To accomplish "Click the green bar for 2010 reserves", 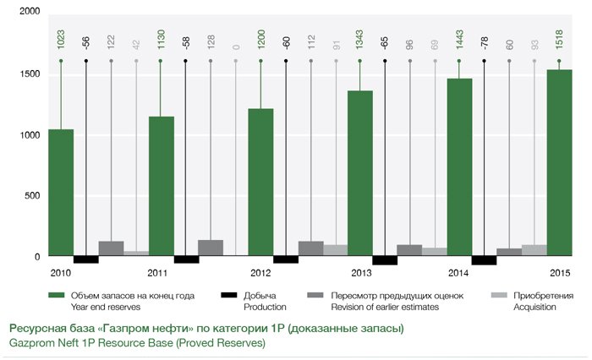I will [x=60, y=192].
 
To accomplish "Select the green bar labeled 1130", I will [x=161, y=186].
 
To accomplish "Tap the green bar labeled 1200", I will [x=260, y=182].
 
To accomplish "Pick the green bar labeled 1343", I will [x=360, y=172].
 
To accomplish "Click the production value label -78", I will [x=484, y=41].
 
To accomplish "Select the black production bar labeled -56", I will [x=86, y=259].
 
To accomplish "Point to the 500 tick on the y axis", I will [x=31, y=196].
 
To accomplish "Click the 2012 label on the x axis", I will [x=260, y=274].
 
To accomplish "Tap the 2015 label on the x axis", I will [x=560, y=274].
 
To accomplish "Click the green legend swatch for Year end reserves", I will [x=57, y=296].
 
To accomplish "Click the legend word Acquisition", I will [x=533, y=307].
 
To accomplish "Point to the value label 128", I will [x=211, y=39].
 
